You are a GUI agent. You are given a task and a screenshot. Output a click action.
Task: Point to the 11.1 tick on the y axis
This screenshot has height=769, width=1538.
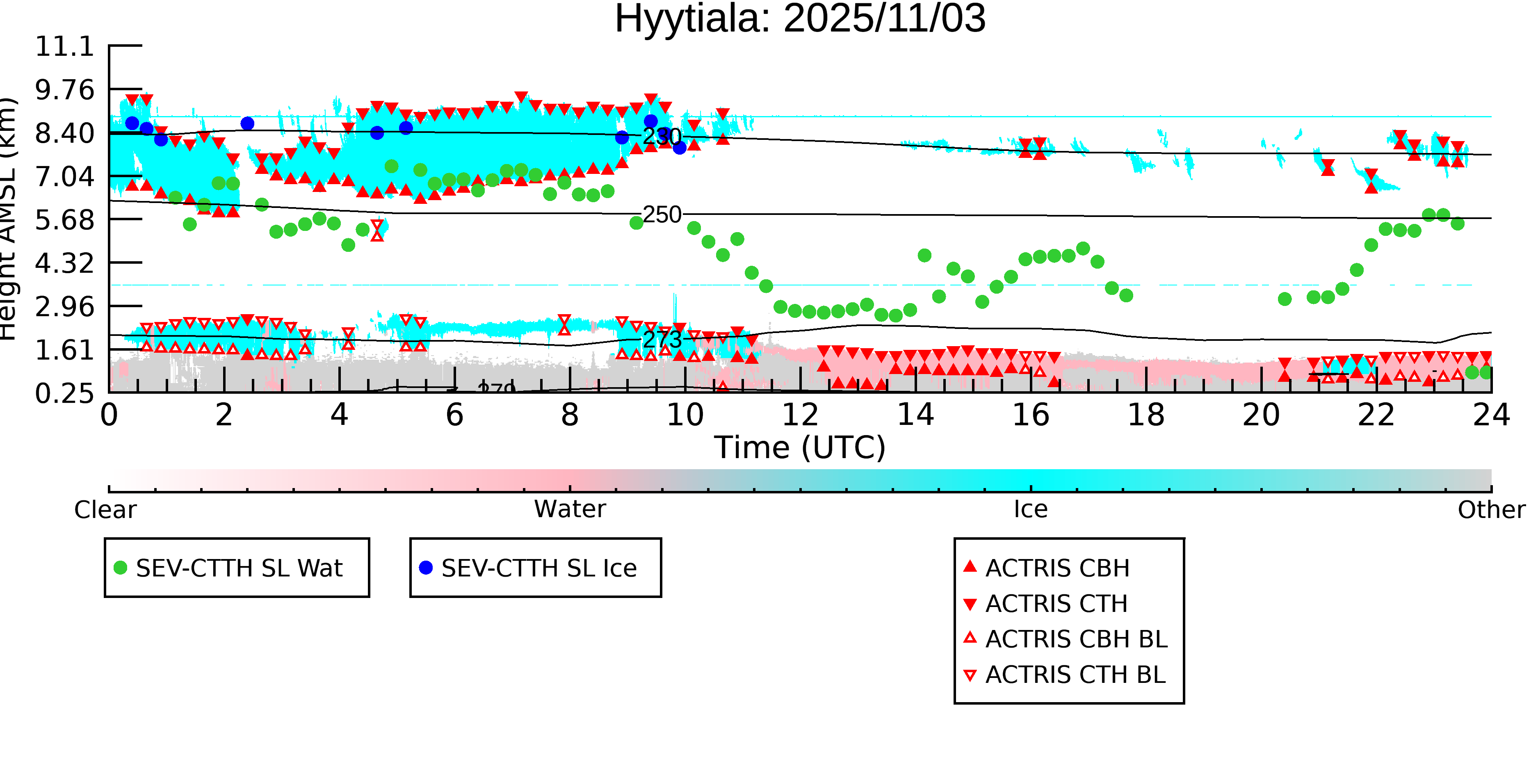pyautogui.click(x=64, y=47)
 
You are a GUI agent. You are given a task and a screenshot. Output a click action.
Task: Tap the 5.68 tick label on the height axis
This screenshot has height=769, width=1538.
pyautogui.click(x=64, y=220)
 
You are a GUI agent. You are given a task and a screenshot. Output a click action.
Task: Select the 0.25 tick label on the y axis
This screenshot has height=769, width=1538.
pyautogui.click(x=64, y=393)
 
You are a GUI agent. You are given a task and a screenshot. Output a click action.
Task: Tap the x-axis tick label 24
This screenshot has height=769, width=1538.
pyautogui.click(x=1491, y=415)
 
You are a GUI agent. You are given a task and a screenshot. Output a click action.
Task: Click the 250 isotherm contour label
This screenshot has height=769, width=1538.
pyautogui.click(x=662, y=215)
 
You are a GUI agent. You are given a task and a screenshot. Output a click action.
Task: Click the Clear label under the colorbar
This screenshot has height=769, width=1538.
pyautogui.click(x=105, y=510)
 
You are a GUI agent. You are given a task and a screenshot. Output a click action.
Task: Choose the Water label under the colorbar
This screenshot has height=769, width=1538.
pyautogui.click(x=570, y=509)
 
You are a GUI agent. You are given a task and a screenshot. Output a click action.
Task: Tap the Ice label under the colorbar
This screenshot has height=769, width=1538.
pyautogui.click(x=1031, y=509)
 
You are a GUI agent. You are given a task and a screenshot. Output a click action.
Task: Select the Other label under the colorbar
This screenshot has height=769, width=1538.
pyautogui.click(x=1491, y=510)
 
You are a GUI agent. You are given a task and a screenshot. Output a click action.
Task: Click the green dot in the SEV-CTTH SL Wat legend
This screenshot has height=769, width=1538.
pyautogui.click(x=121, y=568)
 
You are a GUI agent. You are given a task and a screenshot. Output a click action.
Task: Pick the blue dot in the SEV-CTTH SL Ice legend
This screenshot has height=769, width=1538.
pyautogui.click(x=426, y=568)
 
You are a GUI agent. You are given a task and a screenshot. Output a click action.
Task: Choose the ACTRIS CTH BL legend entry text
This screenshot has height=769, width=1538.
pyautogui.click(x=1075, y=675)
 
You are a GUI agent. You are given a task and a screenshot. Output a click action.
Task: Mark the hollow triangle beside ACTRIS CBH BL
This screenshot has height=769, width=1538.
pyautogui.click(x=970, y=638)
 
